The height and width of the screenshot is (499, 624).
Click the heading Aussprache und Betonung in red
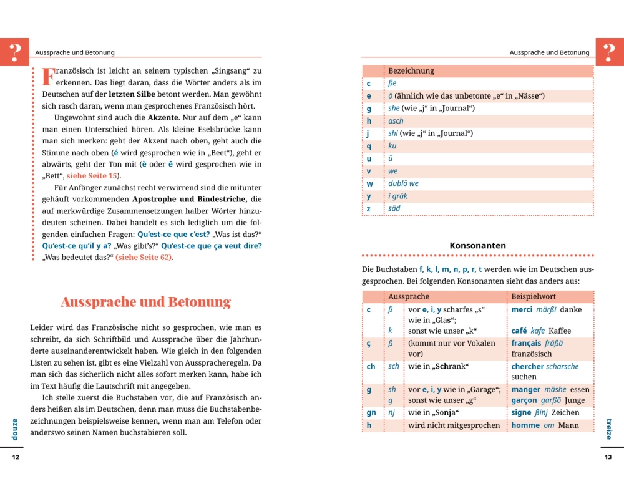click(x=145, y=303)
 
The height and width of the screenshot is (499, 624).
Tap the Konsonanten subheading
click(x=477, y=246)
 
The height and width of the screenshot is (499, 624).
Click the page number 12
click(x=16, y=457)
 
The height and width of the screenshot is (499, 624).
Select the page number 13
click(x=608, y=457)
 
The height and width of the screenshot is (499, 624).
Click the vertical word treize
click(x=609, y=428)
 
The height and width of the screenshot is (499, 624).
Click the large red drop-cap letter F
click(x=48, y=76)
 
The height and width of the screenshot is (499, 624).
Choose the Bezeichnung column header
click(x=411, y=71)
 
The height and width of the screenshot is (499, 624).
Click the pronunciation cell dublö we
click(x=403, y=183)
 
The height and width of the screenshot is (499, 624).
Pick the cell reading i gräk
click(x=397, y=196)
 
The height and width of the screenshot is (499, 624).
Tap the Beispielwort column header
click(x=534, y=297)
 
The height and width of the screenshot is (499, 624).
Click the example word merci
click(x=522, y=309)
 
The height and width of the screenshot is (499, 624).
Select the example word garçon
click(x=524, y=400)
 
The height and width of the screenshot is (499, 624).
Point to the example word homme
click(x=525, y=425)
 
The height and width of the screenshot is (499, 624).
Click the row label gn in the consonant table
click(x=371, y=413)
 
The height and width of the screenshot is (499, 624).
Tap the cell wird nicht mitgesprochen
click(x=454, y=425)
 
